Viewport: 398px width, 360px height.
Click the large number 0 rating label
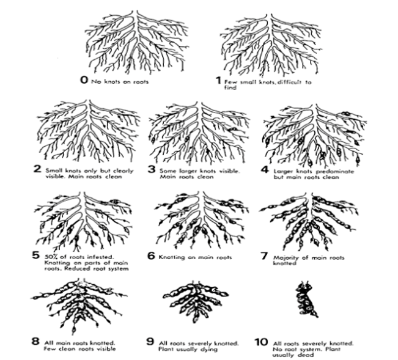(x=84, y=80)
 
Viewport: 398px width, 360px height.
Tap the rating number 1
(x=218, y=81)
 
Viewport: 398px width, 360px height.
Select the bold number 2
(x=37, y=169)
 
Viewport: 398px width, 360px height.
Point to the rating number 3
(x=152, y=169)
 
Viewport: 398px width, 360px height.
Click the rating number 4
(x=265, y=169)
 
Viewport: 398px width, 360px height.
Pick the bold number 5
(x=36, y=255)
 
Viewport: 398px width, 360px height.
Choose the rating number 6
(x=151, y=255)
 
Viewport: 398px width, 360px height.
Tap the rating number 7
(x=265, y=256)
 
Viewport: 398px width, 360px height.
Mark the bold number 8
(x=35, y=341)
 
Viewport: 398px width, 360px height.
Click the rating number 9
(x=150, y=342)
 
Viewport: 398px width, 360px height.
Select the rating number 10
(x=262, y=342)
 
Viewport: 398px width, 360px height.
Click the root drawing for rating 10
(x=306, y=299)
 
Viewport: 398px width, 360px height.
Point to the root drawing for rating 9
(x=196, y=301)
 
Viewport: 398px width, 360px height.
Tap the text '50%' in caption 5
(x=51, y=257)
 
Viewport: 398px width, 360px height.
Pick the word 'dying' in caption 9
(x=210, y=350)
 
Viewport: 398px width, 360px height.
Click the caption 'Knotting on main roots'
(x=195, y=257)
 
